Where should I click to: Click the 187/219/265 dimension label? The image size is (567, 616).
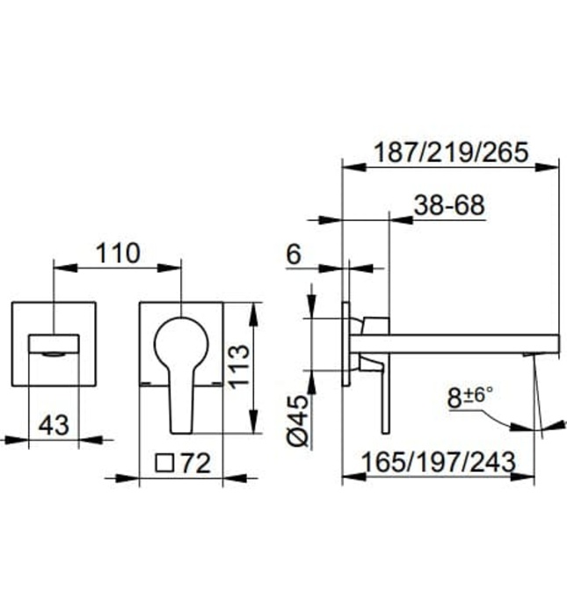coord(449,152)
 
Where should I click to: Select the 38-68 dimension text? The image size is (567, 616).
coord(448,205)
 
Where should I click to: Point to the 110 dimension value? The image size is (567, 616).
coord(117,253)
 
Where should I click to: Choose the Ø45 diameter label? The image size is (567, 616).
coord(298,422)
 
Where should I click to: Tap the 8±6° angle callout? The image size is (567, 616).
coord(470,397)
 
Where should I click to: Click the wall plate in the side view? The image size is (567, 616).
coord(345,344)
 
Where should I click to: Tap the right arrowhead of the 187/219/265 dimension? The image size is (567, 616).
coord(553,164)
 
